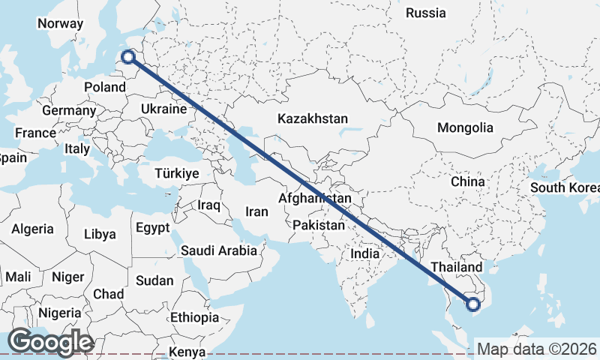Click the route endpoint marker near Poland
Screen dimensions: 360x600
tap(128, 56)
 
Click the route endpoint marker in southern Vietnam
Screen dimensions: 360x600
tap(472, 304)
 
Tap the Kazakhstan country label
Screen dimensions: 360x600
tap(313, 118)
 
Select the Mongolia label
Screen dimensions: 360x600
tap(465, 127)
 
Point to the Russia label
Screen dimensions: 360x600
tap(425, 13)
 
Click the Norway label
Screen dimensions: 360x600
tap(60, 23)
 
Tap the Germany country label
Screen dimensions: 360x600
tap(69, 111)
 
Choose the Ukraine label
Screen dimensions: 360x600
tap(163, 109)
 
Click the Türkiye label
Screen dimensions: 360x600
tap(176, 173)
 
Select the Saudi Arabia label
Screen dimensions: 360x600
tap(218, 250)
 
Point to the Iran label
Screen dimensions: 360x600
tap(256, 212)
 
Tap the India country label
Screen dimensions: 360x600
tap(365, 253)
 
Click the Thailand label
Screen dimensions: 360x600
tap(457, 268)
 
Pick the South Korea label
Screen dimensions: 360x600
tap(564, 187)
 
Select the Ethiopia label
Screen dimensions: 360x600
tap(195, 317)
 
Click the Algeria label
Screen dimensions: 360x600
tap(32, 229)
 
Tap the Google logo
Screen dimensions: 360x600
tap(49, 342)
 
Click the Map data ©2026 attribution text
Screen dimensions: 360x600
tap(537, 349)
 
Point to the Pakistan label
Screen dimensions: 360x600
tap(319, 225)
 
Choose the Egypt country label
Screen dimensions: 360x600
tap(153, 227)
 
